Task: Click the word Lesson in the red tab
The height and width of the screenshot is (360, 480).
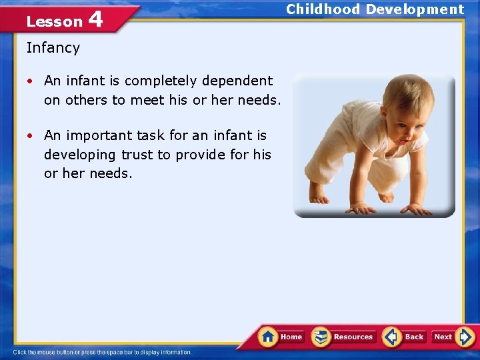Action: pyautogui.click(x=54, y=21)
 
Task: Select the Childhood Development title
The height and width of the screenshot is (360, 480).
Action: pyautogui.click(x=375, y=9)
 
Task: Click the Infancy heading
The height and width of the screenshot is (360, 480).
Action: pyautogui.click(x=53, y=48)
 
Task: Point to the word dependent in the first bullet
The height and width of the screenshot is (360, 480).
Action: pyautogui.click(x=237, y=81)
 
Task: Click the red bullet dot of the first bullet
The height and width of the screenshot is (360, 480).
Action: pyautogui.click(x=31, y=81)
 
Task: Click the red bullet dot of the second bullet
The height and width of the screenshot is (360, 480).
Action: pyautogui.click(x=31, y=136)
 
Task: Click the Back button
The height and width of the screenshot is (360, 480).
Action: pyautogui.click(x=405, y=337)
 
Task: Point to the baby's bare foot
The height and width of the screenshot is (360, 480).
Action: pyautogui.click(x=319, y=196)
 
